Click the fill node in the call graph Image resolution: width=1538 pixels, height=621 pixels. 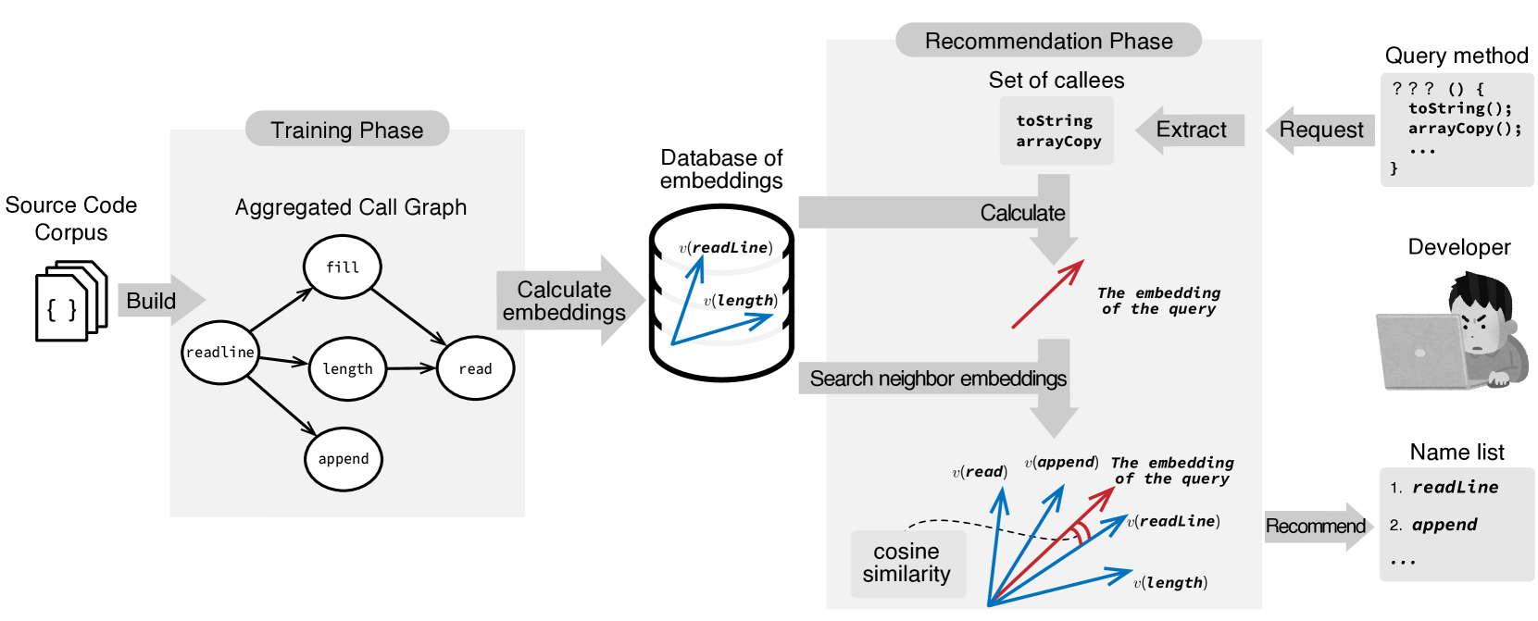[x=343, y=267]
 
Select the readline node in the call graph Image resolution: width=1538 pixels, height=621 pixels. [x=220, y=352]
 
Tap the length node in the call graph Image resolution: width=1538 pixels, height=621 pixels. [x=347, y=368]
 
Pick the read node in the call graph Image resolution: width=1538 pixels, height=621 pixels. [x=475, y=368]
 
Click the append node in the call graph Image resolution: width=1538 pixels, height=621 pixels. [x=344, y=459]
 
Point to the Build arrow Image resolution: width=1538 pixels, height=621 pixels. [x=161, y=300]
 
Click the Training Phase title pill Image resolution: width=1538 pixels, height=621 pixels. [x=346, y=129]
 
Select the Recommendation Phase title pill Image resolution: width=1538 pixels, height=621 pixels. [x=1048, y=41]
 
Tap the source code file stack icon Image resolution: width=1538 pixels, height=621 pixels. [x=71, y=301]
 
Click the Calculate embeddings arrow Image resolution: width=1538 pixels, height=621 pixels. [x=570, y=300]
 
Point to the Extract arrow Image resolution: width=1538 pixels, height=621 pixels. [x=1190, y=130]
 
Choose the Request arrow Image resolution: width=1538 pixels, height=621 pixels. [x=1319, y=130]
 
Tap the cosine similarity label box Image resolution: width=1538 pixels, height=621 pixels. [x=907, y=564]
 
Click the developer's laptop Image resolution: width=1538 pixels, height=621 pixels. [x=1422, y=353]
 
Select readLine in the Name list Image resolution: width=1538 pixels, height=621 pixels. [x=1455, y=487]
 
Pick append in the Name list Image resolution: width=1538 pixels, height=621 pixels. [x=1444, y=525]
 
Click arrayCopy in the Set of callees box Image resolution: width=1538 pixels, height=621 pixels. [x=1058, y=142]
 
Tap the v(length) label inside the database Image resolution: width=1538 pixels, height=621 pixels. [x=740, y=301]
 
